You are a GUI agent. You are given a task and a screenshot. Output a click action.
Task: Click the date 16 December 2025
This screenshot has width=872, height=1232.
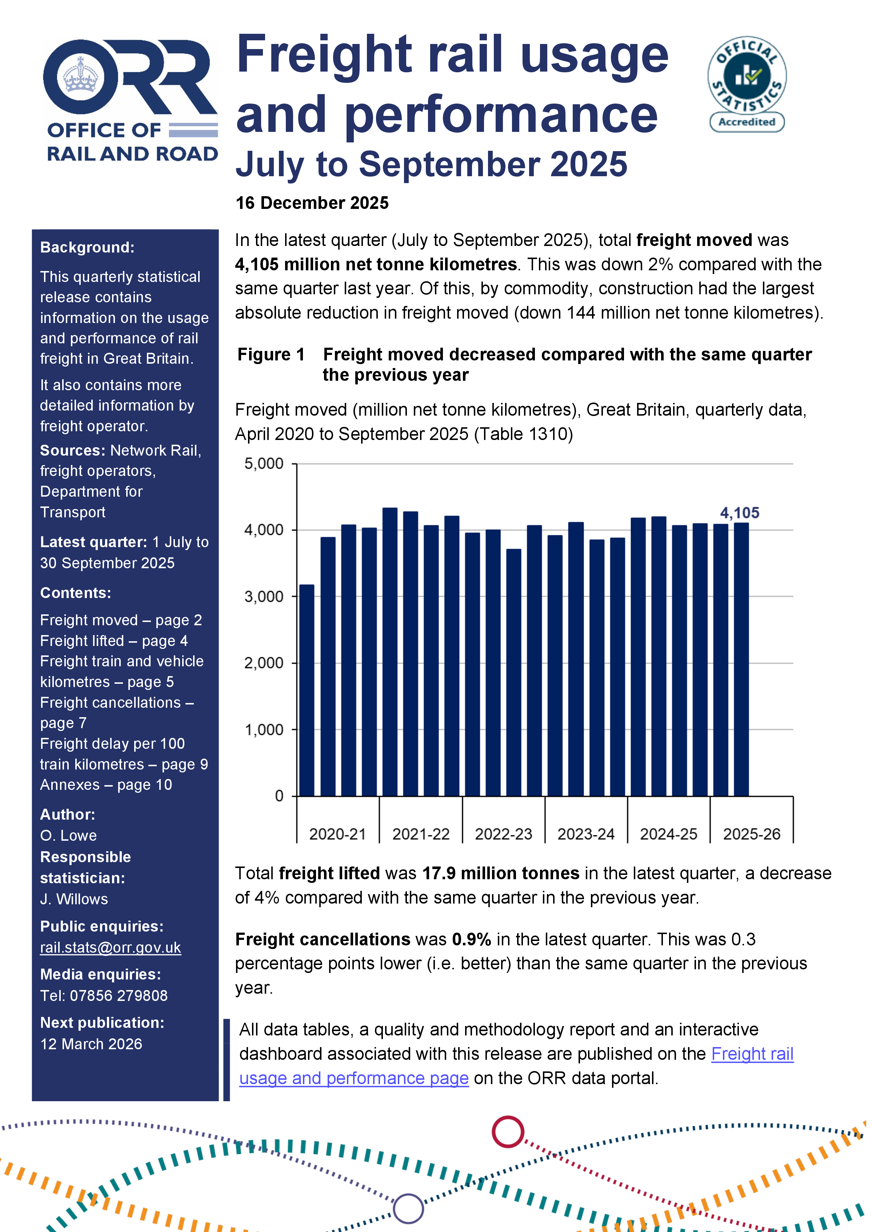click(x=312, y=203)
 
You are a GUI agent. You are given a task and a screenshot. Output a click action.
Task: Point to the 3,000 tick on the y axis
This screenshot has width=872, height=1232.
click(x=264, y=597)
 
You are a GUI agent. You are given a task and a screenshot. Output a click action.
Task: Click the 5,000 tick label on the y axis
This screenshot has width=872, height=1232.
click(x=264, y=464)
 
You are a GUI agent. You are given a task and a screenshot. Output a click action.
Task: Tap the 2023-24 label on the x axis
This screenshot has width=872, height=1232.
click(x=586, y=834)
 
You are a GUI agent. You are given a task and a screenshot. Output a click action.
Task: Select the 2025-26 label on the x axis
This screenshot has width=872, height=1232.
click(x=751, y=834)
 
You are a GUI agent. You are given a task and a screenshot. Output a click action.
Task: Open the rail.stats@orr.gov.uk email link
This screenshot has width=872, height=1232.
click(x=110, y=948)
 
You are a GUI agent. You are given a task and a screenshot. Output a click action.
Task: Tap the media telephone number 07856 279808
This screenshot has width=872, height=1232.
click(x=118, y=995)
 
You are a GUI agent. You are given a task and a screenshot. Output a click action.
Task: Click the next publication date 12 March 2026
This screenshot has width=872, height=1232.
click(x=91, y=1044)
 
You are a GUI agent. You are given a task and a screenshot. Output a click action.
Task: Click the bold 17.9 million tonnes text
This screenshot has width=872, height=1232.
click(x=500, y=873)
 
